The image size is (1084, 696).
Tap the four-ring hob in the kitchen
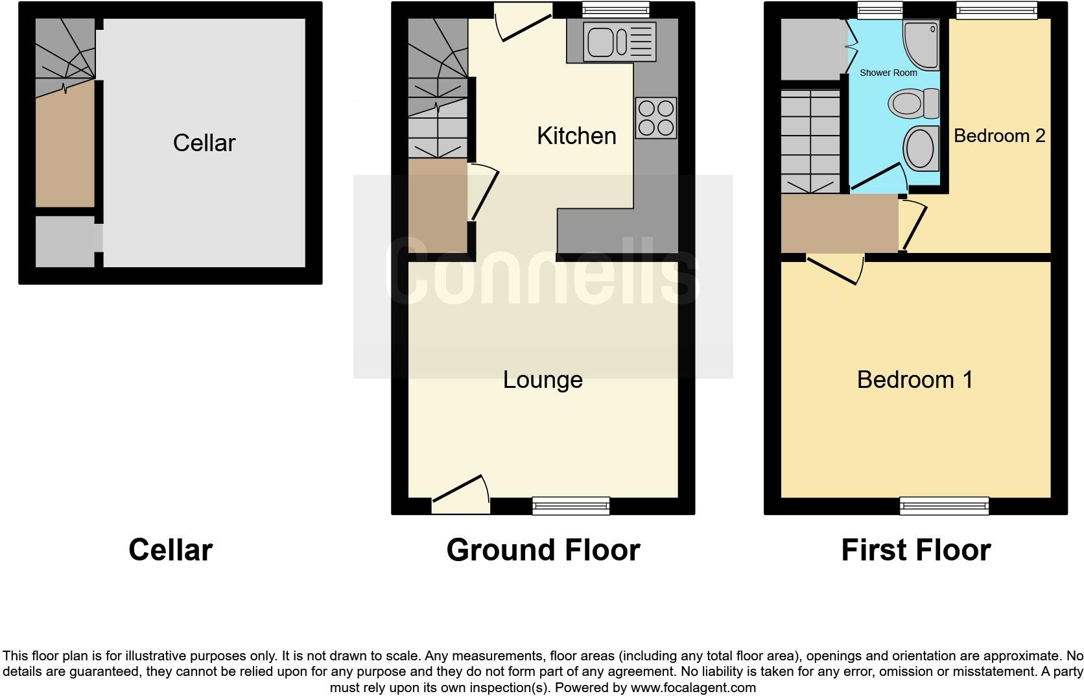[x=656, y=118]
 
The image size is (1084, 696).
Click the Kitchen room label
[x=576, y=136]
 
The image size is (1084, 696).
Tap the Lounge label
[x=543, y=379]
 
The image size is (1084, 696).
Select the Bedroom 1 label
[x=915, y=379]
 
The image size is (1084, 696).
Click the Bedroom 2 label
[x=999, y=136]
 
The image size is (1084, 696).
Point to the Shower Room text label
[x=888, y=73]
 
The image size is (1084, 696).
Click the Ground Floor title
[x=543, y=550]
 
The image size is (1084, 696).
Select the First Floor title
[x=915, y=550]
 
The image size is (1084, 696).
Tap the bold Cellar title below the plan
[x=170, y=550]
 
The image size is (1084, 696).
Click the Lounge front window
[x=571, y=505]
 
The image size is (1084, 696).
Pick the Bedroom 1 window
[x=944, y=505]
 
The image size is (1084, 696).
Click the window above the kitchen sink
[x=615, y=9]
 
